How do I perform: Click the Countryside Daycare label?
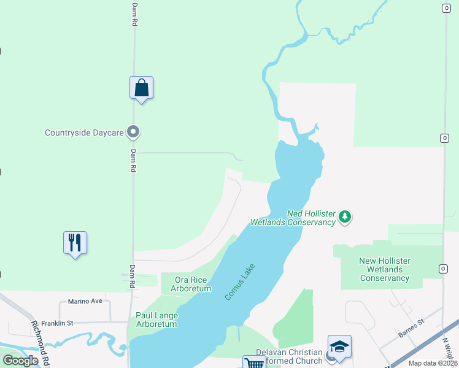pyautogui.click(x=84, y=132)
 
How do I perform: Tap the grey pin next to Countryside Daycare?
pyautogui.click(x=133, y=132)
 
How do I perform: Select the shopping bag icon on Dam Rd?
pyautogui.click(x=141, y=88)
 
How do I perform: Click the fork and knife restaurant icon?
pyautogui.click(x=75, y=243)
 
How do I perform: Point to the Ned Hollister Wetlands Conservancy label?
pyautogui.click(x=293, y=218)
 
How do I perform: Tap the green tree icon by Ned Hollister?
pyautogui.click(x=345, y=217)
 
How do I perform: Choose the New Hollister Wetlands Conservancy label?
pyautogui.click(x=385, y=270)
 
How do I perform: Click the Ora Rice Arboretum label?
pyautogui.click(x=193, y=284)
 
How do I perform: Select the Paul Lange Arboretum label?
pyautogui.click(x=157, y=320)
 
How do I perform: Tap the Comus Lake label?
pyautogui.click(x=239, y=282)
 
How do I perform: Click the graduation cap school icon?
pyautogui.click(x=339, y=347)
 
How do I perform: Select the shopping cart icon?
pyautogui.click(x=254, y=364)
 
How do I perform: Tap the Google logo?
pyautogui.click(x=20, y=361)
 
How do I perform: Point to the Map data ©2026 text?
pyautogui.click(x=433, y=363)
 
